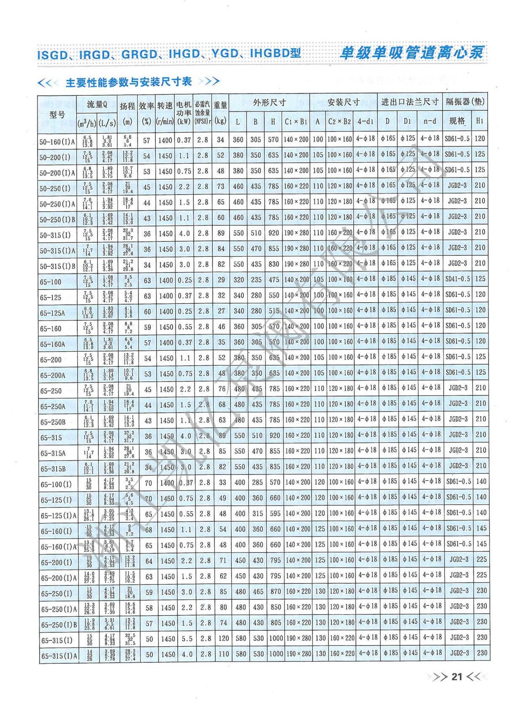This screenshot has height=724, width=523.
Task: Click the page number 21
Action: pos(457,677)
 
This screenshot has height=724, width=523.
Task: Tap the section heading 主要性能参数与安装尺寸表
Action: pos(128,82)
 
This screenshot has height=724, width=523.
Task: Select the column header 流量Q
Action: pos(97,104)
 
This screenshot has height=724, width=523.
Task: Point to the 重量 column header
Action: pos(220,105)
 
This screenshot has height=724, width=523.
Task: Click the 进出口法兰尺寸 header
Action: pos(409,102)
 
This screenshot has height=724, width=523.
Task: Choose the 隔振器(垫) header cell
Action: pos(465,102)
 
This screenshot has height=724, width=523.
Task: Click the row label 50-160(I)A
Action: pos(57,142)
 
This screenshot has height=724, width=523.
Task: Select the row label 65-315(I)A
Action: pos(59,656)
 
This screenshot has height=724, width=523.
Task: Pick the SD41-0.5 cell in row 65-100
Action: pos(458,279)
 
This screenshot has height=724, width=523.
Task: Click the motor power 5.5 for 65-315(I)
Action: pos(187,639)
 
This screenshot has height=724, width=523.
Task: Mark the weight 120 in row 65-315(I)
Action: pos(223,639)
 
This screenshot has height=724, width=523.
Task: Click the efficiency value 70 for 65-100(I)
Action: pos(148,483)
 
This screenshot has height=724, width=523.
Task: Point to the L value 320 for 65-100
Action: pos(239,280)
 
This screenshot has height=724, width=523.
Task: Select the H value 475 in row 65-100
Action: pos(274,280)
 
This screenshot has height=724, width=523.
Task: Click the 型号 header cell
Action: pos(57,114)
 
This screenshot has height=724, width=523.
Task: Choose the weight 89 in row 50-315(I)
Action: pos(221,233)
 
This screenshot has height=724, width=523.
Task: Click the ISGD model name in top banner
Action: pos(52,54)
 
